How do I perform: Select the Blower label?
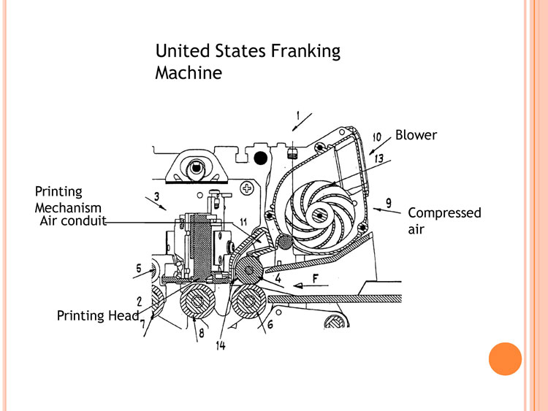click(416, 135)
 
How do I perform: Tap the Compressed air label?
click(444, 220)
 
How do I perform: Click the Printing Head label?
click(98, 315)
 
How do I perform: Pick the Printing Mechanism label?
click(68, 199)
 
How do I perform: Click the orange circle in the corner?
click(504, 358)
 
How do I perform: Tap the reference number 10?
click(377, 137)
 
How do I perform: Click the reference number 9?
click(388, 202)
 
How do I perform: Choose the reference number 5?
click(139, 268)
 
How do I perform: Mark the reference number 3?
click(156, 196)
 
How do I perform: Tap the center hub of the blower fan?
click(320, 215)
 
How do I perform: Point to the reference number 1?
click(298, 115)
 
